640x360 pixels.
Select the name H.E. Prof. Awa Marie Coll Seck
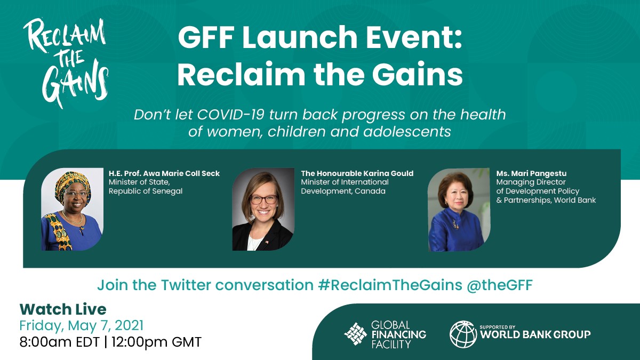click(x=164, y=173)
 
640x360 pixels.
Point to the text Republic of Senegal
click(x=146, y=191)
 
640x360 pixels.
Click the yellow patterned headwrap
click(x=71, y=180)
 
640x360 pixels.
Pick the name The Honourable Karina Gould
click(x=357, y=173)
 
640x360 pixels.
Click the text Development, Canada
click(x=343, y=191)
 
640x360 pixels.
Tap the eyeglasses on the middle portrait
click(x=263, y=199)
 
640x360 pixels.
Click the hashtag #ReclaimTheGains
click(x=389, y=285)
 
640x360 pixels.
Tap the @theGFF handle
click(x=500, y=285)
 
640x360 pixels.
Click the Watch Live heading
click(x=63, y=309)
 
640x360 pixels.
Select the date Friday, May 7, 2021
click(x=82, y=325)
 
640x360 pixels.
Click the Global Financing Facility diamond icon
click(x=355, y=334)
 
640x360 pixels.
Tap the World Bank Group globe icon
click(x=463, y=334)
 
